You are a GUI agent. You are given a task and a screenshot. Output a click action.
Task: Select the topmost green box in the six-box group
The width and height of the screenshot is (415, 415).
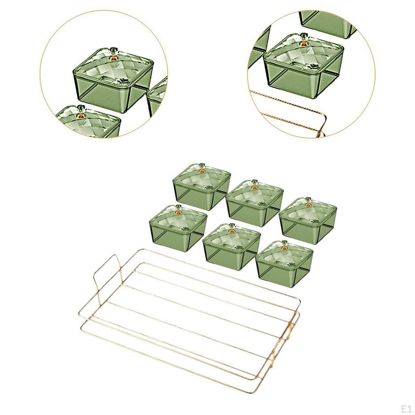coord(201,186)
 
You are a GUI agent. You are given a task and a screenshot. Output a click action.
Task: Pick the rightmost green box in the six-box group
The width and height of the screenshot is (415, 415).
coord(308,217)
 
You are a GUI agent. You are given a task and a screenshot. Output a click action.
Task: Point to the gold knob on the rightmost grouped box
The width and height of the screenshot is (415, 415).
coord(308,204)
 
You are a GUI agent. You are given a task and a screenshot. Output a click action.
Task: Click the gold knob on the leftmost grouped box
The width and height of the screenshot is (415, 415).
coord(179,212)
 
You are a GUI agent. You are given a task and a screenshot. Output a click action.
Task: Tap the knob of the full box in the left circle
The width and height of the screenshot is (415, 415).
coord(114,56)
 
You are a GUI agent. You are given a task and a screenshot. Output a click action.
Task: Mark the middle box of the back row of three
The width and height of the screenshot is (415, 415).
coord(255,203)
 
